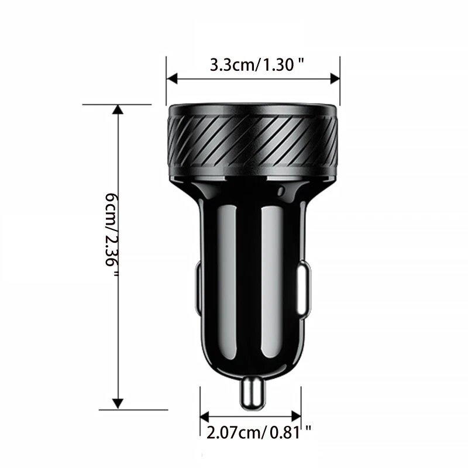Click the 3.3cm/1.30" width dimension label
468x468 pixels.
257,64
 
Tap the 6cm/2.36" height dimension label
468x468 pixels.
112,235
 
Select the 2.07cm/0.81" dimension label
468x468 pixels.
259,432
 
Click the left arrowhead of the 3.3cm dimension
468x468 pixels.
172,79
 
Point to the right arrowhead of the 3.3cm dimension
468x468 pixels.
335,79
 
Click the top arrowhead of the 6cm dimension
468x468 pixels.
118,109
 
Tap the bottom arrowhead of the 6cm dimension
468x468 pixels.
118,404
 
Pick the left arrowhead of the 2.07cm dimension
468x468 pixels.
205,417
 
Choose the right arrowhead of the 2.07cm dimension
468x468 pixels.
296,417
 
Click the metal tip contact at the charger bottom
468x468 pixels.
253,392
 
